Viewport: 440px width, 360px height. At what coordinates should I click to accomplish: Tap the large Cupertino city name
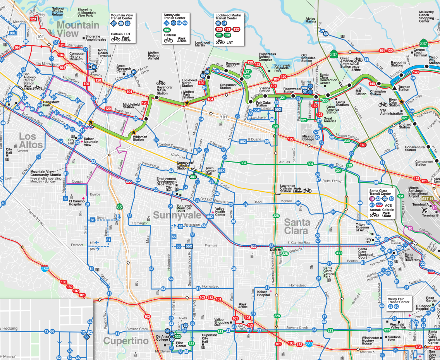pos(126,341)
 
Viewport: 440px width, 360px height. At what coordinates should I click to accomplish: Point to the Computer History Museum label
pos(77,57)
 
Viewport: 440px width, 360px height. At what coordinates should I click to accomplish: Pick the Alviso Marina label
pos(311,20)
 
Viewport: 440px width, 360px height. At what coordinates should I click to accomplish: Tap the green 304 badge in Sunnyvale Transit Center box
pos(167,29)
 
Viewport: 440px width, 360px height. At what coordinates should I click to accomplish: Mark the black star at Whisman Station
pos(134,132)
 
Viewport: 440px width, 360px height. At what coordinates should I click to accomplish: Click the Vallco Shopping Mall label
pos(222,322)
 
